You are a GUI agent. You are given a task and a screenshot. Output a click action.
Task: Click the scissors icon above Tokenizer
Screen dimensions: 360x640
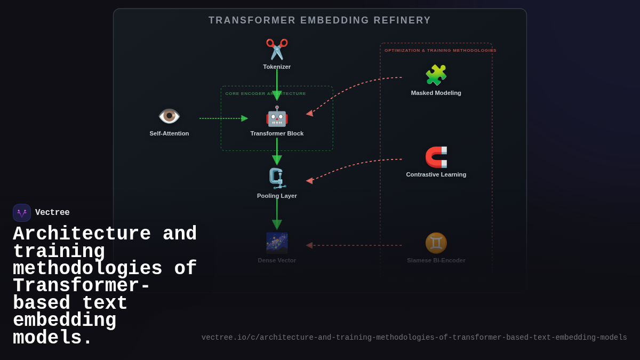tap(277, 49)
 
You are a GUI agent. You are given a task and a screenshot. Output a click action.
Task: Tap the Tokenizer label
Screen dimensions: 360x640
tap(277, 67)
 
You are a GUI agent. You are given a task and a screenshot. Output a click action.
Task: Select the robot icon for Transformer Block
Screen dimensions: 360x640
tap(277, 116)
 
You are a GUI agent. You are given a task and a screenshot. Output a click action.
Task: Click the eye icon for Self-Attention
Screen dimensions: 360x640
tap(169, 116)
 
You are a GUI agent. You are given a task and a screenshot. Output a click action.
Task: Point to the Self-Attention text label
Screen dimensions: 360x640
tap(169, 133)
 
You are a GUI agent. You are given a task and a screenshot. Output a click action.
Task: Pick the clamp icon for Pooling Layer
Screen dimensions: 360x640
tap(277, 179)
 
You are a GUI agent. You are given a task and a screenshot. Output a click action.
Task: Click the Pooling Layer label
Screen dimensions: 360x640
tap(277, 196)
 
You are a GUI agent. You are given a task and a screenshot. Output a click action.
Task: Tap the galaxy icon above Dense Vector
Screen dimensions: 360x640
tap(277, 243)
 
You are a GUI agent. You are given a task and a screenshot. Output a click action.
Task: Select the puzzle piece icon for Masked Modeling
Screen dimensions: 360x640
tap(436, 75)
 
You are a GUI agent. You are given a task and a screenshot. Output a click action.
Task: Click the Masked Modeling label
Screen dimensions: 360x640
tap(436, 93)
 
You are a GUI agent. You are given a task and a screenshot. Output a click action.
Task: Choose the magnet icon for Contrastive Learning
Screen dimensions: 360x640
tap(436, 157)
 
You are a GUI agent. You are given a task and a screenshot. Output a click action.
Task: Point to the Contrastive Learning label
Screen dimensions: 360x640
tap(436, 174)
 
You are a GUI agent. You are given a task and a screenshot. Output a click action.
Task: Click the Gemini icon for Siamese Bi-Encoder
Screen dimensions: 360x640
tap(436, 243)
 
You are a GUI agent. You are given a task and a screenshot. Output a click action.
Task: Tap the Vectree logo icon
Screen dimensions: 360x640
tap(22, 213)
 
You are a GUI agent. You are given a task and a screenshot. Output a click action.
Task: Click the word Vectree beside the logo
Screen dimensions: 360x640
tap(52, 213)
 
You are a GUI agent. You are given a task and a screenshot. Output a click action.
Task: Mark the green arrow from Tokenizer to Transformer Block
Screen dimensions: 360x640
tap(277, 83)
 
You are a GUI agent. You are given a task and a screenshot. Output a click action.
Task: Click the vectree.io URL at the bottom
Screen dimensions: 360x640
tap(414, 338)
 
